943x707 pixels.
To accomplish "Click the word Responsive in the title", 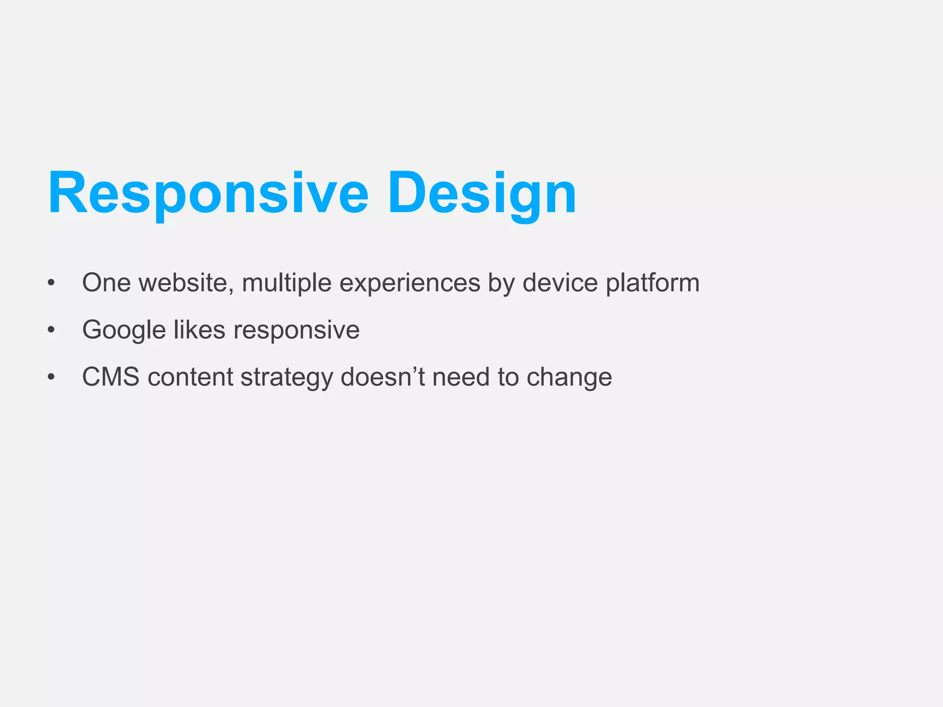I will (x=208, y=193).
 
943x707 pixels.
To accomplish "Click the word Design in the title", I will (x=482, y=193).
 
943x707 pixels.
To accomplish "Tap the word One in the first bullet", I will (x=106, y=283).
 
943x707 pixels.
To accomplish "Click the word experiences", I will (x=410, y=284).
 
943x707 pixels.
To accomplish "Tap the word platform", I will (x=652, y=283).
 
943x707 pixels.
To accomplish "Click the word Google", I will (x=124, y=330).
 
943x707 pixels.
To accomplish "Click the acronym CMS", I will (x=111, y=377).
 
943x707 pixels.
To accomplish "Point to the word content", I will (x=190, y=377).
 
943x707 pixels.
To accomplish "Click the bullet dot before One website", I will (x=51, y=283).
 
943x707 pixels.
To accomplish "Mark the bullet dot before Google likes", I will (x=51, y=330).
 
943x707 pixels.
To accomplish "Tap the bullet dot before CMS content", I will (x=51, y=377).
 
